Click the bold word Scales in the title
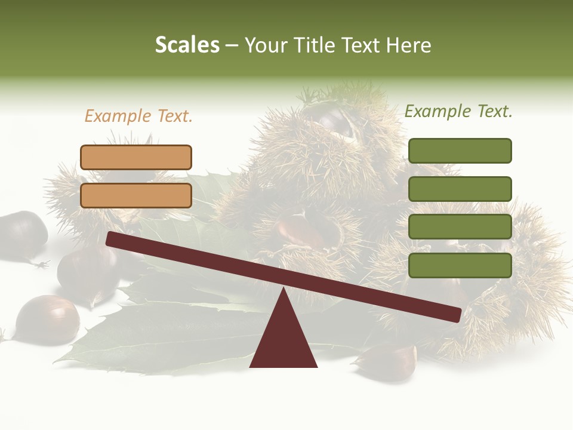click(x=187, y=45)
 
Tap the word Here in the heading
click(x=408, y=45)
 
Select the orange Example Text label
click(x=138, y=116)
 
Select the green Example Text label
click(x=458, y=111)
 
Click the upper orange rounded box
click(x=136, y=157)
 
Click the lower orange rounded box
click(x=136, y=195)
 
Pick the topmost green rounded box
click(x=460, y=150)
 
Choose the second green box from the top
click(x=460, y=189)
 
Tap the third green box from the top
click(x=460, y=227)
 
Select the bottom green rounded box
click(x=460, y=265)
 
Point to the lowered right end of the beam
click(x=454, y=315)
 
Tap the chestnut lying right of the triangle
click(x=388, y=361)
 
